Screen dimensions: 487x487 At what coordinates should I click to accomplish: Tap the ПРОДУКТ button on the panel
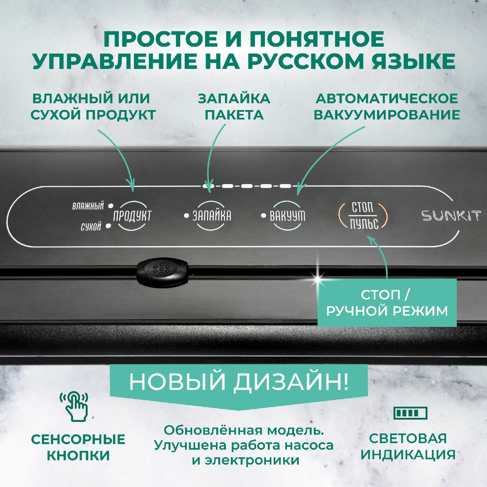[x=132, y=216]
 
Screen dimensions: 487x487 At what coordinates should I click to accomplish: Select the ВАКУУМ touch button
[x=287, y=216]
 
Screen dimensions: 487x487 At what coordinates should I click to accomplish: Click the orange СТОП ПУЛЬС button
[x=363, y=216]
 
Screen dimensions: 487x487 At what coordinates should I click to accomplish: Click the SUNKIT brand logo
[x=451, y=216]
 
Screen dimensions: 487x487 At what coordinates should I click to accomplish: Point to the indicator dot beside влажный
[x=111, y=206]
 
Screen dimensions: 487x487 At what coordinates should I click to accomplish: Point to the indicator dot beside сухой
[x=108, y=226]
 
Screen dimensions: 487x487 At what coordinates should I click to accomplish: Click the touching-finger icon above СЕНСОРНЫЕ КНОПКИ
[x=74, y=406]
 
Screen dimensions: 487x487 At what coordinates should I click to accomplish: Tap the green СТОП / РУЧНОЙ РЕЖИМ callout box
[x=387, y=303]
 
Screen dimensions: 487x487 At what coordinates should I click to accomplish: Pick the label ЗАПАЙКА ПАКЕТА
[x=234, y=106]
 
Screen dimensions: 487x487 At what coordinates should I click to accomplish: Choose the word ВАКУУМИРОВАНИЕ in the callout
[x=387, y=115]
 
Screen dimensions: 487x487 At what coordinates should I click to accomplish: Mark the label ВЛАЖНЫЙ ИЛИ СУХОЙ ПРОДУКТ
[x=93, y=106]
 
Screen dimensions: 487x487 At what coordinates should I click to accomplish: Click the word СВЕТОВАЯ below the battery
[x=408, y=438]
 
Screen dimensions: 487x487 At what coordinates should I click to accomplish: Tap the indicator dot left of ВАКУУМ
[x=264, y=215]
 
